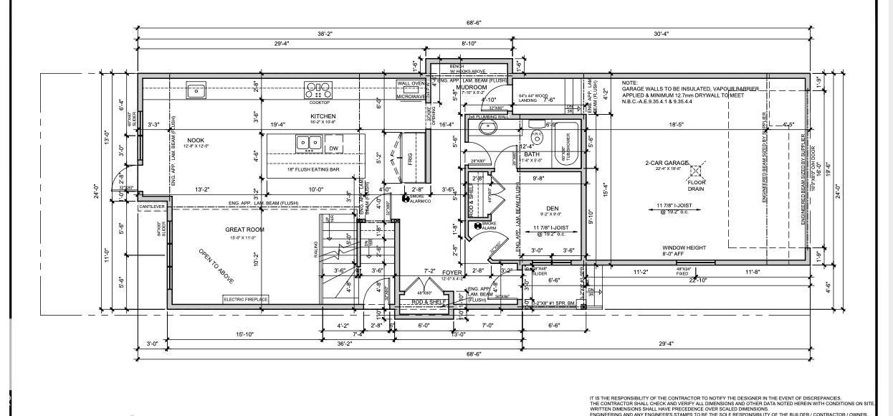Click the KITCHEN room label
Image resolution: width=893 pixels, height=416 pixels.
coord(323,116)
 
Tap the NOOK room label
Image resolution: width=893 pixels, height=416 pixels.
coord(196,140)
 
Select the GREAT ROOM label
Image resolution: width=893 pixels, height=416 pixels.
coord(244,230)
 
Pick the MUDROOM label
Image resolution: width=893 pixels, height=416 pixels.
coord(471,87)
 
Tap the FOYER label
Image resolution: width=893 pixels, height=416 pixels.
coord(452,273)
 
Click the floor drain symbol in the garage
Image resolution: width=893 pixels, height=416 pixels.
coord(694,171)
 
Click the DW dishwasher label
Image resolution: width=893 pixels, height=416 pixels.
coord(333,148)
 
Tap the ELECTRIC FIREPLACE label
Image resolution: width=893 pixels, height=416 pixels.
coord(246,299)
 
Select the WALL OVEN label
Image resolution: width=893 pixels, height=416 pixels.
coord(411,83)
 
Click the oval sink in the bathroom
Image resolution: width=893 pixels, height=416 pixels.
coord(488,129)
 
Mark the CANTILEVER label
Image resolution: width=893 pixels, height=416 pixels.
coord(152,207)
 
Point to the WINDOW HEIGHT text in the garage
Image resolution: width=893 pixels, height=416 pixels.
coord(684,248)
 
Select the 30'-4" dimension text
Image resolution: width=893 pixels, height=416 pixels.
coord(661,33)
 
